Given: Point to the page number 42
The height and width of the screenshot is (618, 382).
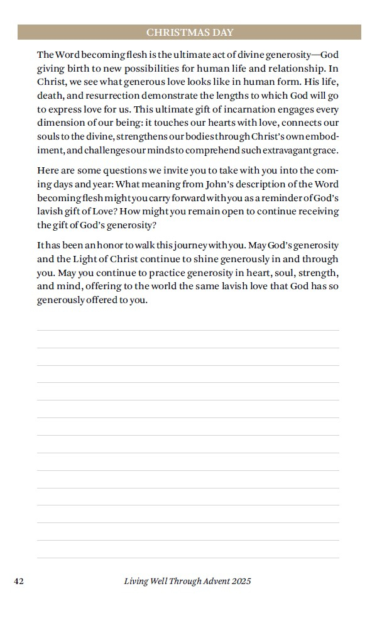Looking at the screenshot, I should pos(19,581).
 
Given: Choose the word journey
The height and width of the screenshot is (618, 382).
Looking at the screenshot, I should pos(182,245).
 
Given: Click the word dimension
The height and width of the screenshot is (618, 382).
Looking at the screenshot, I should pos(60,123).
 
